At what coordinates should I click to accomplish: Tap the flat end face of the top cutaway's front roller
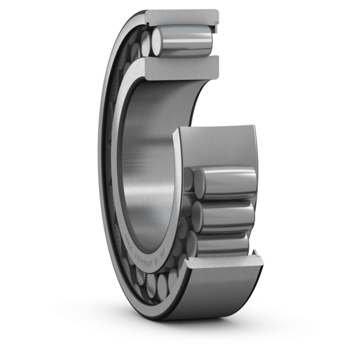(x=157, y=41)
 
